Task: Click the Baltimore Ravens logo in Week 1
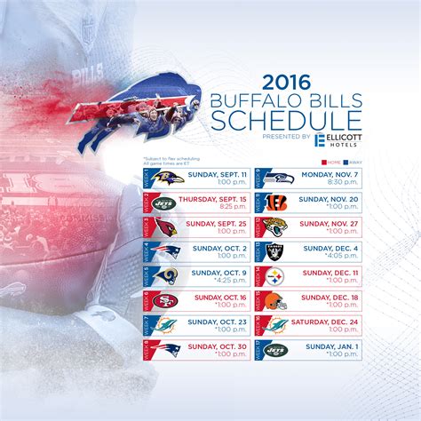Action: [166, 179]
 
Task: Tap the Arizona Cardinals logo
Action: [166, 226]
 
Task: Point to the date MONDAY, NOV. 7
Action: [329, 173]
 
